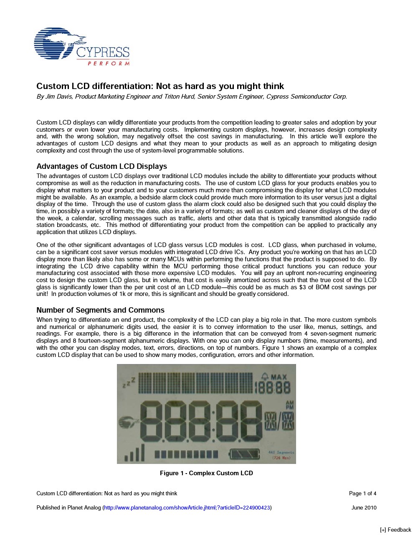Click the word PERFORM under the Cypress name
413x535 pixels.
point(108,64)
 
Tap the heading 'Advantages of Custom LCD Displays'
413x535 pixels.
point(101,166)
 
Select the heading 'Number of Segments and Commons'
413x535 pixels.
point(100,310)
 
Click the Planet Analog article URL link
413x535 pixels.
point(187,508)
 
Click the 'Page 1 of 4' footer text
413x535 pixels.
point(362,494)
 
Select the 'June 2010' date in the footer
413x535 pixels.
point(364,508)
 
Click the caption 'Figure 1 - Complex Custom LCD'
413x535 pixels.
point(206,473)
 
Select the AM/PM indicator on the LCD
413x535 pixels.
point(289,405)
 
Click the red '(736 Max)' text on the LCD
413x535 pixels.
point(281,458)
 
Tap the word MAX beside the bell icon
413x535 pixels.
point(279,376)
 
